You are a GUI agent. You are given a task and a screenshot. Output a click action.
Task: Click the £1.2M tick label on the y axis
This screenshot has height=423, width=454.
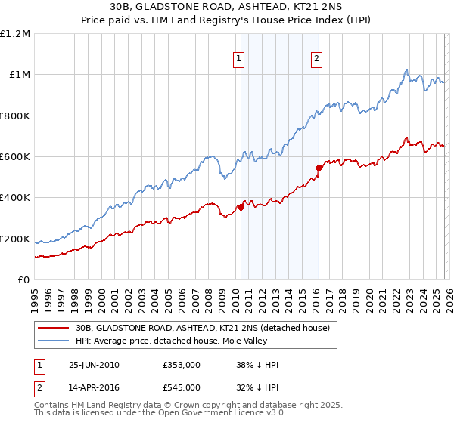point(15,34)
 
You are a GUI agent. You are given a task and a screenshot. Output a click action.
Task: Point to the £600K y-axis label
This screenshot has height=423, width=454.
point(15,157)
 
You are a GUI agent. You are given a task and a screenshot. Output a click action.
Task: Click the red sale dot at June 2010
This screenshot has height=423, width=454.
point(241,207)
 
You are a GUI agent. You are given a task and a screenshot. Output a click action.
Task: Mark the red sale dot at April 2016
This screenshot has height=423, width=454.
point(319,168)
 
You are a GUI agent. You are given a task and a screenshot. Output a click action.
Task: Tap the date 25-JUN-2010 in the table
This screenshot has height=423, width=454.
point(94,365)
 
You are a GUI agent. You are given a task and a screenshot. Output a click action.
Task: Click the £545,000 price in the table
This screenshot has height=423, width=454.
point(182,387)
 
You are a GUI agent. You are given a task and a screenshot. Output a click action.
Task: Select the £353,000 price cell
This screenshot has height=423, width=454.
point(182,365)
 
